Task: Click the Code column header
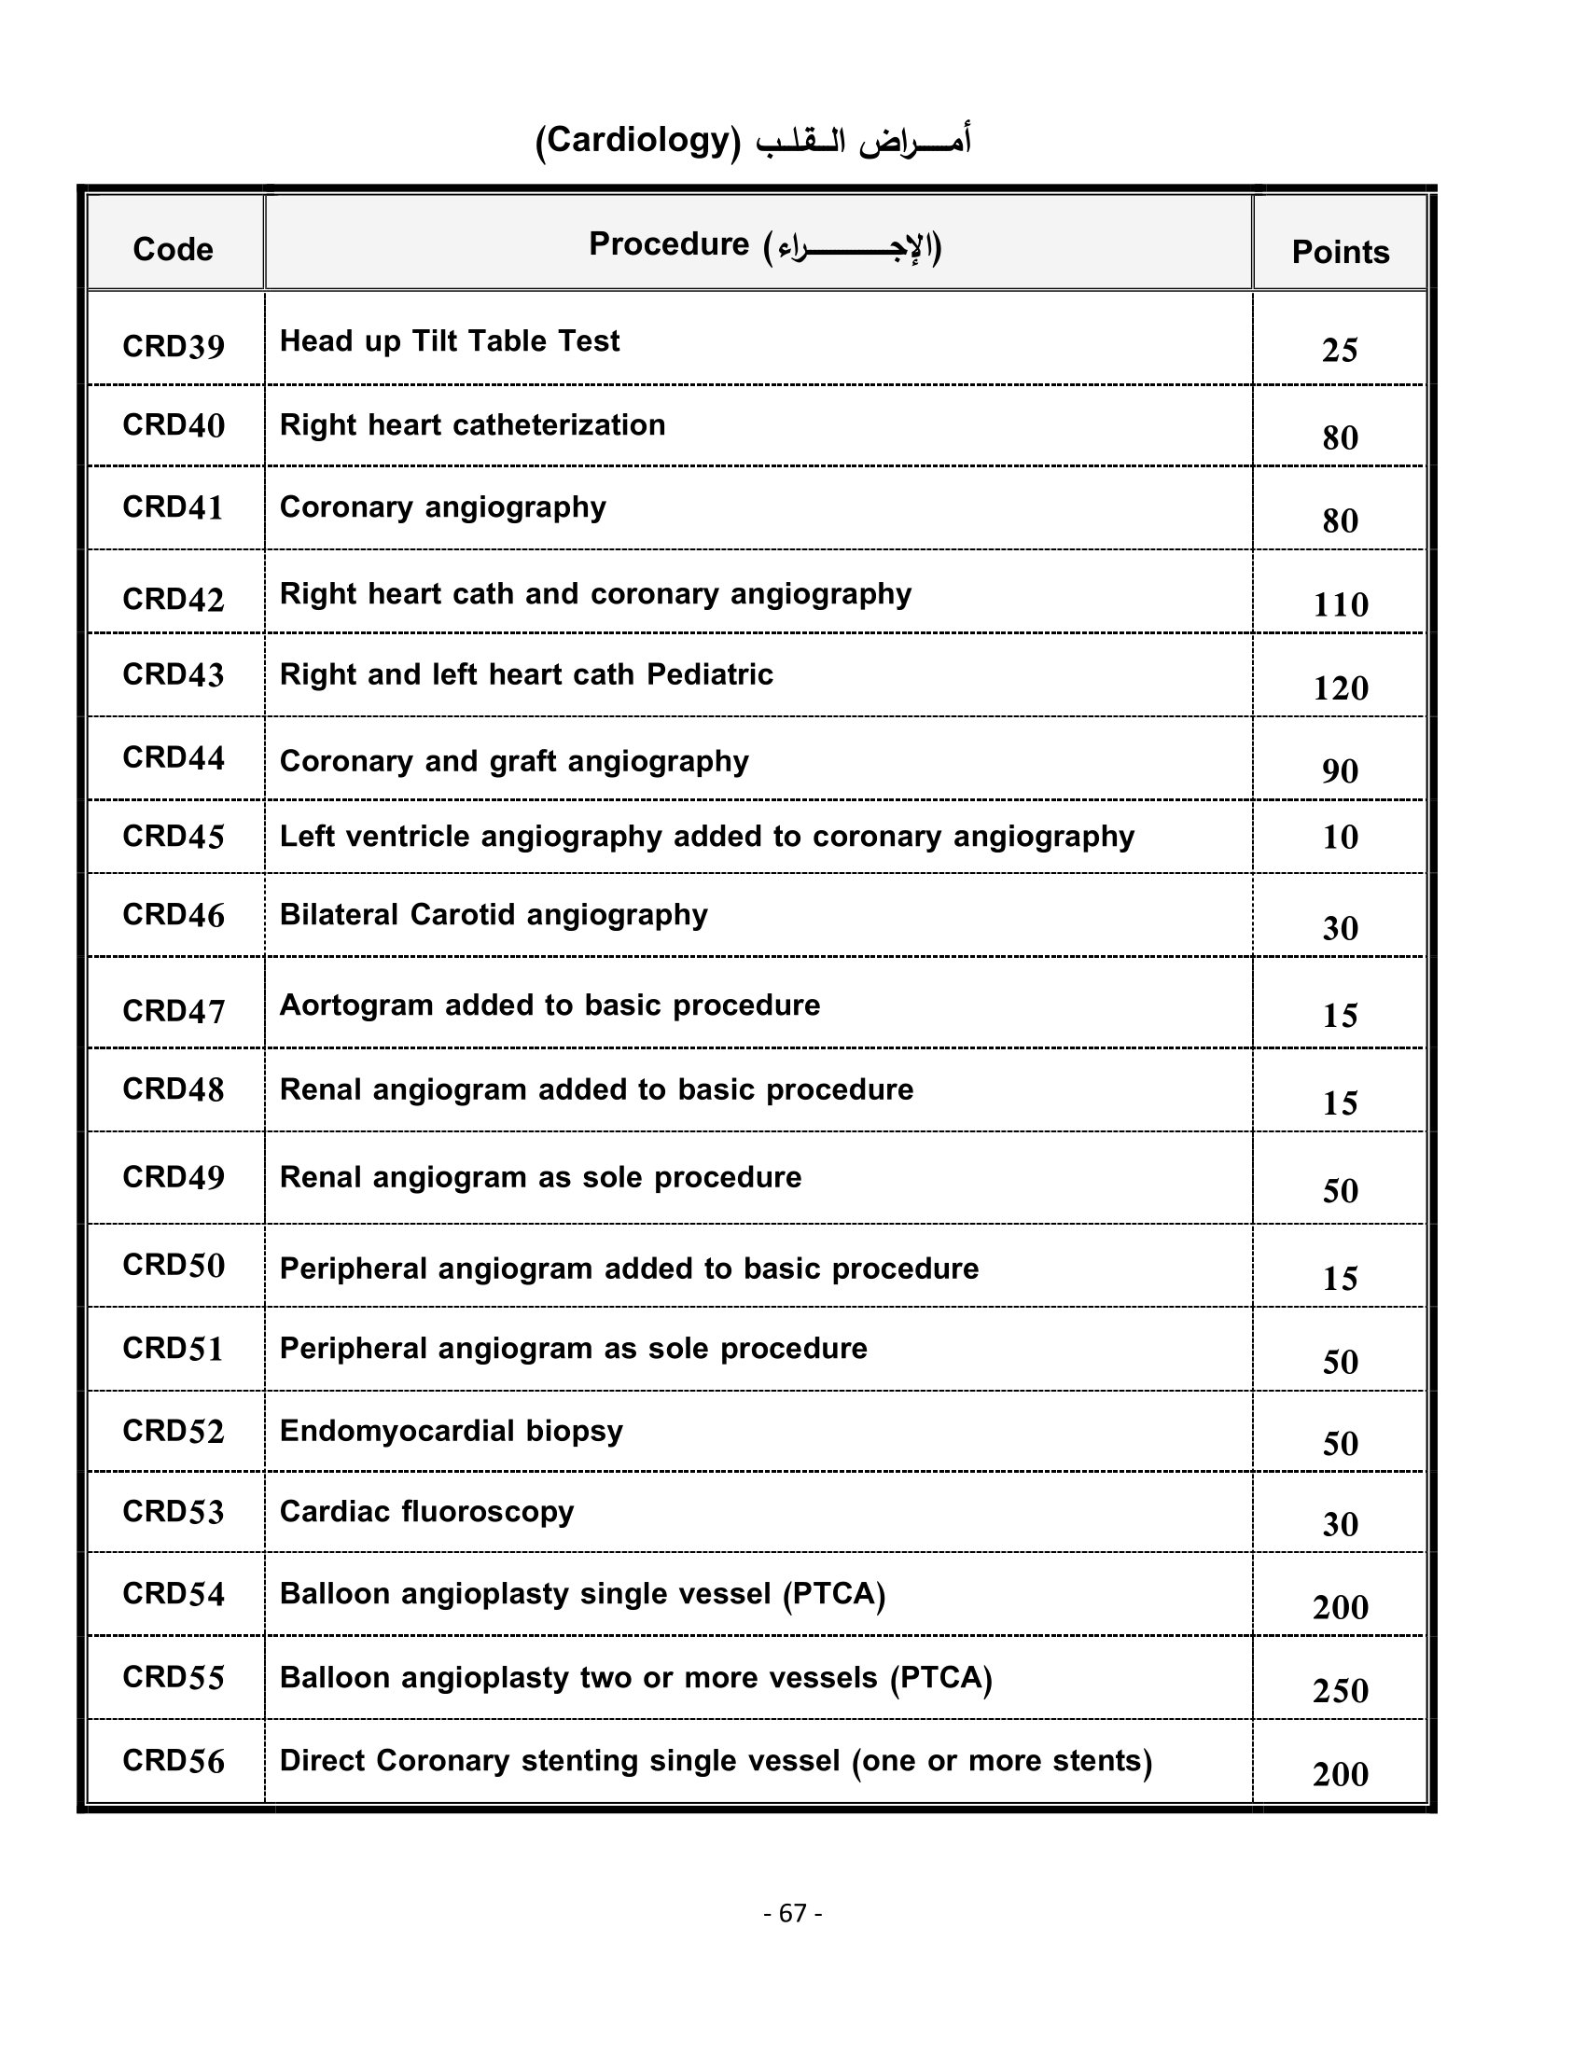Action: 173,249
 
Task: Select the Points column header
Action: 1340,252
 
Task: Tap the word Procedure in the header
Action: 668,244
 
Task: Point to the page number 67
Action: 793,1913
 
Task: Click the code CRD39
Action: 173,347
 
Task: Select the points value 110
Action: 1340,604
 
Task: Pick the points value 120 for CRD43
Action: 1340,687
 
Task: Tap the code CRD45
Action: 173,837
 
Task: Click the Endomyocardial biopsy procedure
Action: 451,1430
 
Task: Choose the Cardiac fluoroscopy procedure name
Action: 426,1511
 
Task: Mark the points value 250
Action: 1340,1690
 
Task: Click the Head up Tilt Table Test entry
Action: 449,341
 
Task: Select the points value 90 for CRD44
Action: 1340,770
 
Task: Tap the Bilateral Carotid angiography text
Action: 494,915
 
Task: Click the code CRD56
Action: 173,1760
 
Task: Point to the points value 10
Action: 1340,837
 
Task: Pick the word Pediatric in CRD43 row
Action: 709,674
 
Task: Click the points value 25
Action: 1340,351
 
